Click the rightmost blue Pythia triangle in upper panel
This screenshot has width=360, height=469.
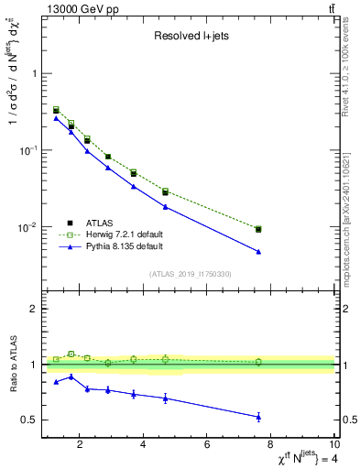(258, 252)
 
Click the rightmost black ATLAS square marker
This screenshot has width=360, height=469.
(258, 229)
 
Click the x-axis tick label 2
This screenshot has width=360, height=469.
(81, 446)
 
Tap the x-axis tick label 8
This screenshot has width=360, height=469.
(270, 446)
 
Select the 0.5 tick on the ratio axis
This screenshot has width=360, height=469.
(29, 420)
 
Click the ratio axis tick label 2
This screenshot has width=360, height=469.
(34, 310)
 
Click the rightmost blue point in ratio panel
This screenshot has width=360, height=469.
(258, 417)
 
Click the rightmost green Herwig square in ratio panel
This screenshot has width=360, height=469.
(258, 362)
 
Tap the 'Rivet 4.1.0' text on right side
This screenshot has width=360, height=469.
(345, 73)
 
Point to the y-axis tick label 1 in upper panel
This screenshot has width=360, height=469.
(34, 73)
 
